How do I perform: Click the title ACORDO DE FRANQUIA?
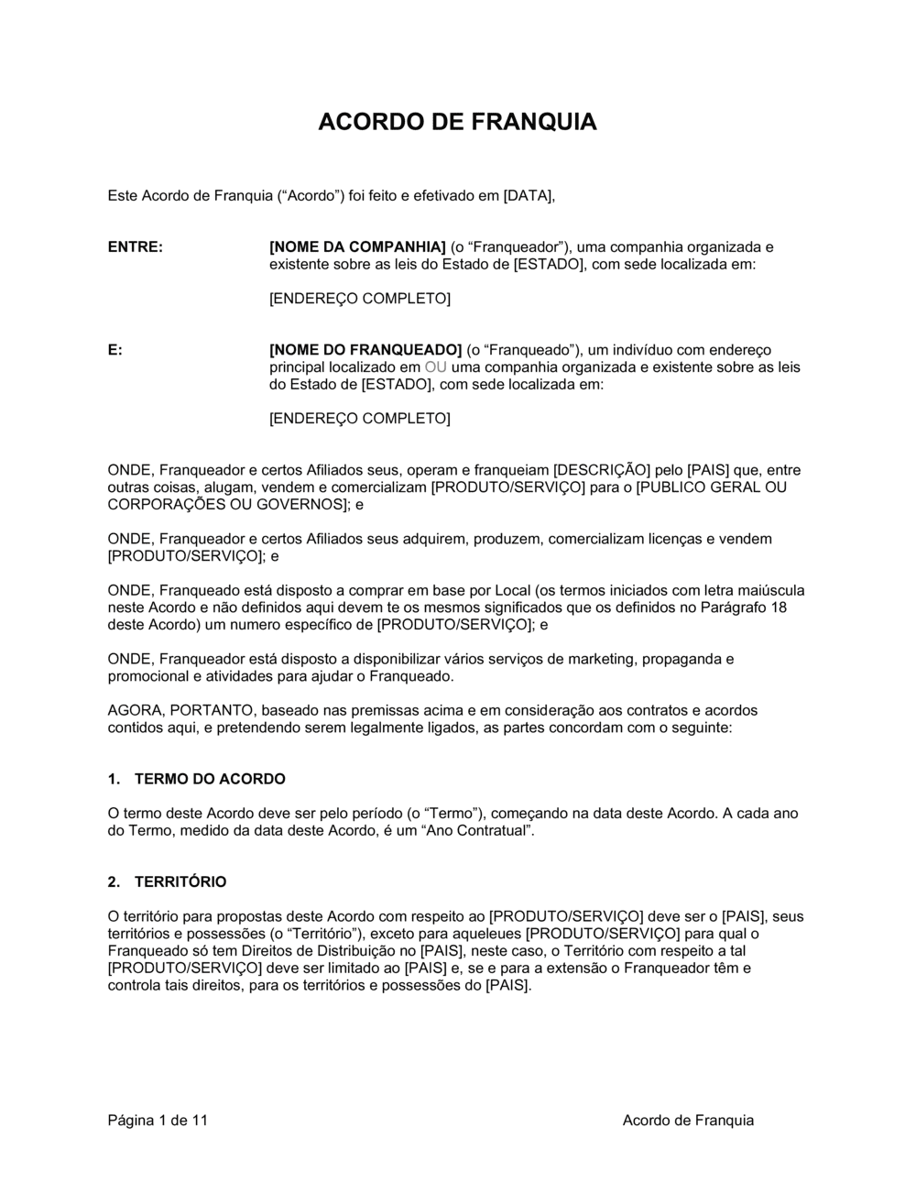tap(457, 122)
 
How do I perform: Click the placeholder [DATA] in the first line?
tap(529, 195)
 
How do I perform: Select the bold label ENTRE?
tap(136, 246)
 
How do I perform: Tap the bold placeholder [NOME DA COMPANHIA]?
tap(357, 246)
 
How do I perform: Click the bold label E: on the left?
tap(115, 349)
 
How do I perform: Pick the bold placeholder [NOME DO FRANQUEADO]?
tap(365, 349)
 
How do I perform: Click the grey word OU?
tap(436, 367)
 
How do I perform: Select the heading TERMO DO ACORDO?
tap(210, 779)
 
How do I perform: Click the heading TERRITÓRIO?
tap(180, 881)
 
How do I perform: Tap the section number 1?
tap(114, 779)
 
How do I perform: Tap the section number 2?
tap(114, 881)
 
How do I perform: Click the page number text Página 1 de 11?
tap(158, 1120)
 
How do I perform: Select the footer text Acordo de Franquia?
tap(688, 1120)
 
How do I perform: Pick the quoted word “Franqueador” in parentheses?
tap(515, 246)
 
